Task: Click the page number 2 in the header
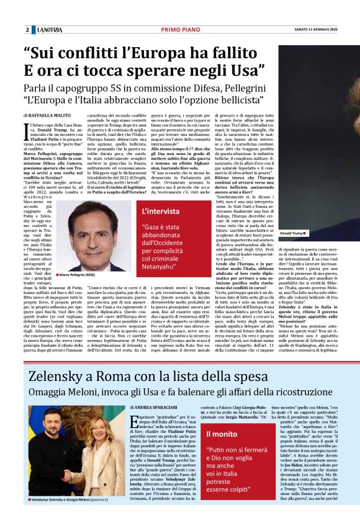pos(27,30)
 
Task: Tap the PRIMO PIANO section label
pos(179,30)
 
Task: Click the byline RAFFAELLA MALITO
pos(51,115)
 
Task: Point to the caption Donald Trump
pos(292,233)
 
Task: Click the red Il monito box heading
pos(221,434)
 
